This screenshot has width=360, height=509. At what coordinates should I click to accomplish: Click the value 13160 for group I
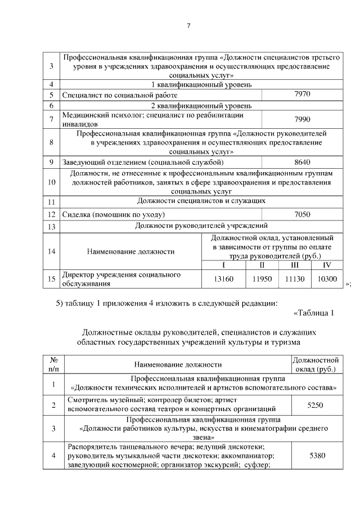coord(224,278)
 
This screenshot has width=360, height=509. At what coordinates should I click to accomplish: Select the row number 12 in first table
coord(51,214)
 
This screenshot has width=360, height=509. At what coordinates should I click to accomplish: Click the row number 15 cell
coord(51,278)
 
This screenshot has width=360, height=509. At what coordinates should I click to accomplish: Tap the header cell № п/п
coord(54,364)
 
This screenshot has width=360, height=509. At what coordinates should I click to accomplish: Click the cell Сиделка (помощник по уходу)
coord(112,214)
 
